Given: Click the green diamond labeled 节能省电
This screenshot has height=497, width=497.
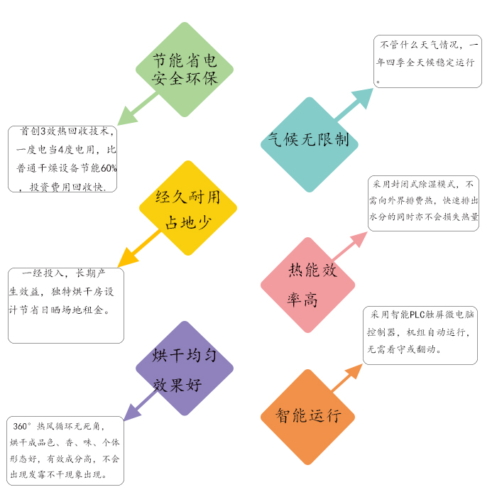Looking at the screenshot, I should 185,70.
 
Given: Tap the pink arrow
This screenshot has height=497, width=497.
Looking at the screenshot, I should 349,247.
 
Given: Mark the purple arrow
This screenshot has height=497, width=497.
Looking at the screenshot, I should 140,405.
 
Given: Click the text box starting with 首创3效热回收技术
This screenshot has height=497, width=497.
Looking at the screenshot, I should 62,159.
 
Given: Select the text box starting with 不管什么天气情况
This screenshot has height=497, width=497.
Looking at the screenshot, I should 427,62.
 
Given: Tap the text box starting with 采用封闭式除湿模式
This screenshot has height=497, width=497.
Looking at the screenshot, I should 423,203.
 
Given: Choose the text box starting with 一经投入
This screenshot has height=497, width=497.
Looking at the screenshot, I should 65,305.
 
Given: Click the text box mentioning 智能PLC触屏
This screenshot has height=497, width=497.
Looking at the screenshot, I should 420,335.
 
